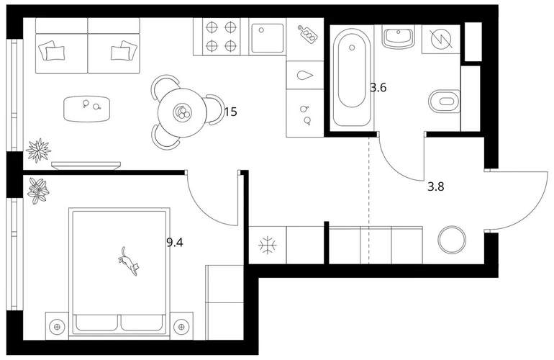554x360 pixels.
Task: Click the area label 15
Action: click(x=230, y=112)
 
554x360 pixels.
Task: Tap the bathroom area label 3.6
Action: click(x=378, y=87)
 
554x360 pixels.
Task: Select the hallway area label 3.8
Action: click(x=435, y=186)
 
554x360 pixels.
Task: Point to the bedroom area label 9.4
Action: click(x=175, y=243)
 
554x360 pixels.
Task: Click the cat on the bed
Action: click(x=128, y=261)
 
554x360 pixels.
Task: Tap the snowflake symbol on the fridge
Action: click(x=268, y=246)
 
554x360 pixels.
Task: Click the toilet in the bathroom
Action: click(x=444, y=102)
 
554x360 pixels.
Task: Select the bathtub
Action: click(x=351, y=78)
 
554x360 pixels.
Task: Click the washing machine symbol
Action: click(x=441, y=39)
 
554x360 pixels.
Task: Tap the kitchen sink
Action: click(x=267, y=37)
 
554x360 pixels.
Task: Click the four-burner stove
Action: click(x=221, y=37)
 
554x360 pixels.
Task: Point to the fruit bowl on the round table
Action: click(x=182, y=112)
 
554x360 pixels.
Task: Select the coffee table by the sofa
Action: click(x=87, y=109)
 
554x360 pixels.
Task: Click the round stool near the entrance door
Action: click(x=452, y=240)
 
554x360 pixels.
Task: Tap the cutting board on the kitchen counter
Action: click(x=307, y=34)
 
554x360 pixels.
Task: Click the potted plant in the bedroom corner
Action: click(x=39, y=191)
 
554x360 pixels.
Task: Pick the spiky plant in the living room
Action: click(x=39, y=150)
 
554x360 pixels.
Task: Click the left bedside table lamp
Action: click(x=57, y=326)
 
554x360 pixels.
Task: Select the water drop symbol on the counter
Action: click(x=305, y=76)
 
